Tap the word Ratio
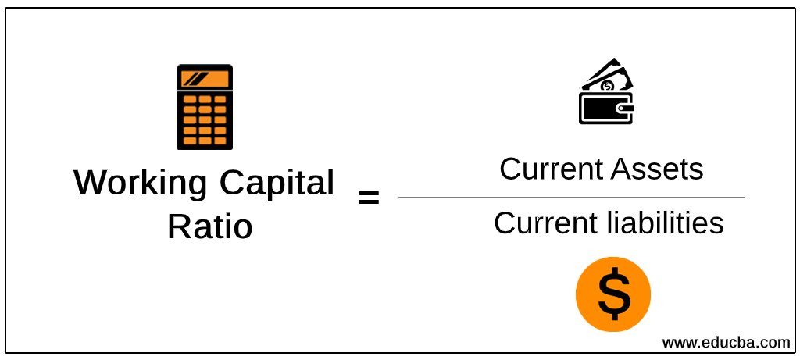[x=209, y=226]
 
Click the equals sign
[x=368, y=198]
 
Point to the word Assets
[x=657, y=169]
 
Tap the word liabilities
[x=665, y=224]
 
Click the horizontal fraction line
[x=571, y=198]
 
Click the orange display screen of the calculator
[x=204, y=79]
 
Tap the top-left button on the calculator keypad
[x=188, y=100]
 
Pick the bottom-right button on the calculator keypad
[x=220, y=141]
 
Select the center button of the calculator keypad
[x=204, y=120]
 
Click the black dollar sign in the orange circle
[x=613, y=294]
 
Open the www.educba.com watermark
[x=726, y=342]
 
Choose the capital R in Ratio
[x=178, y=226]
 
